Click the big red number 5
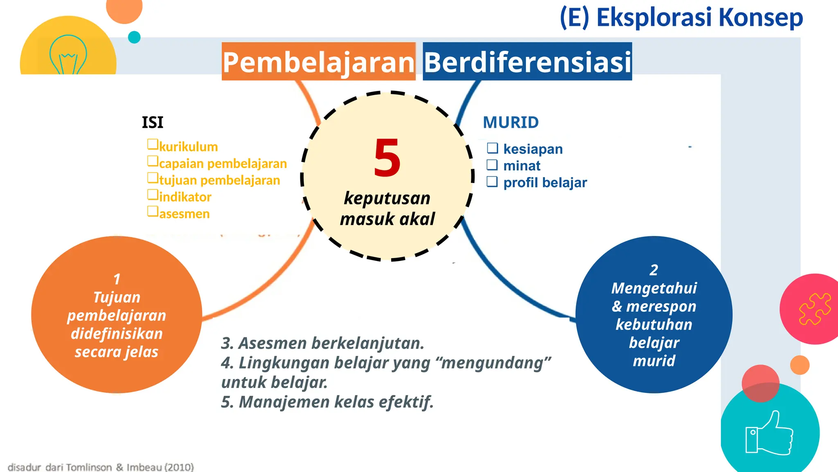[x=387, y=158]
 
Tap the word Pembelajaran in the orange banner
[x=318, y=62]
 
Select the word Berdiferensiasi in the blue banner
[x=527, y=62]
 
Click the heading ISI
[x=153, y=123]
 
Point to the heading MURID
[x=511, y=123]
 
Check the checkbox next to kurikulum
[x=153, y=144]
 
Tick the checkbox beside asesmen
[x=153, y=211]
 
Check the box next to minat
[x=492, y=165]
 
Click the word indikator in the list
[x=185, y=197]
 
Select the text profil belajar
[x=545, y=182]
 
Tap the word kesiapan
[x=533, y=149]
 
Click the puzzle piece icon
[x=815, y=309]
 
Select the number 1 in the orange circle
[x=117, y=279]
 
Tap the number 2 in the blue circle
[x=654, y=270]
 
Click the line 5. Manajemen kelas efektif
[x=327, y=402]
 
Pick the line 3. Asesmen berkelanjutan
[x=322, y=343]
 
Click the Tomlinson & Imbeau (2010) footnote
[x=101, y=467]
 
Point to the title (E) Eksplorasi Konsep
[x=681, y=18]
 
